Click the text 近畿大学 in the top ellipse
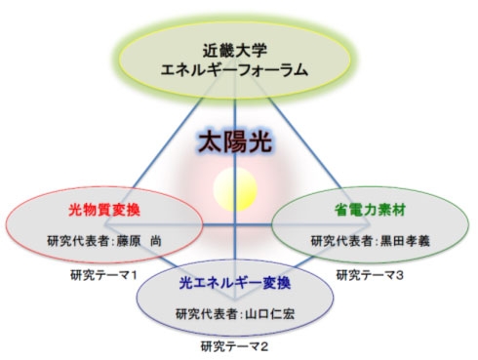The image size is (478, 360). [x=239, y=49]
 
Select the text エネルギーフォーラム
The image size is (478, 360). [x=239, y=70]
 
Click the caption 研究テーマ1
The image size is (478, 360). [x=99, y=274]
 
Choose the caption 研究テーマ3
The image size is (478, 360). [x=372, y=275]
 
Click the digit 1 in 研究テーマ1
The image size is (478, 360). [x=132, y=274]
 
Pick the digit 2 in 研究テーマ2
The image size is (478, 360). [x=266, y=345]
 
